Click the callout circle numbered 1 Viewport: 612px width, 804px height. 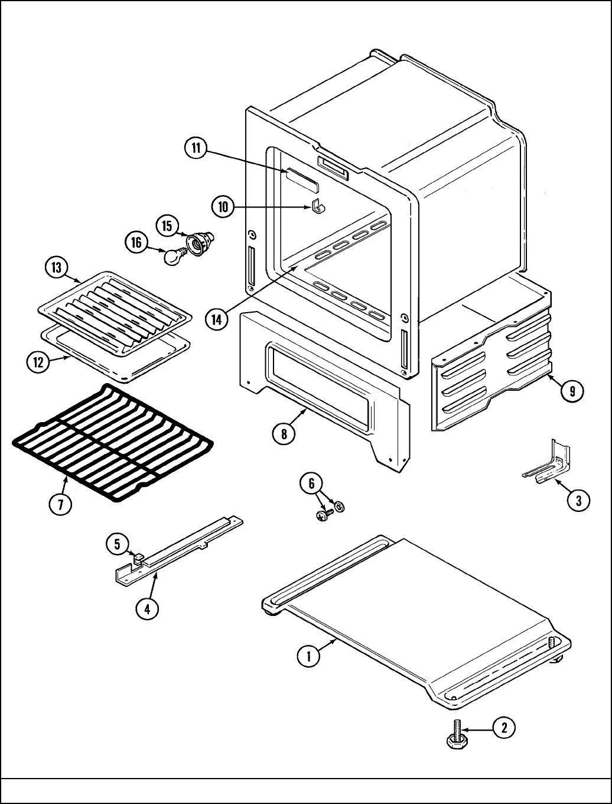[x=308, y=656]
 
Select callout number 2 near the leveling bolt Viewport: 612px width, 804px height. [x=503, y=728]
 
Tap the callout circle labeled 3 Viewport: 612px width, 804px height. [x=578, y=501]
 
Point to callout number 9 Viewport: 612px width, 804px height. [x=572, y=390]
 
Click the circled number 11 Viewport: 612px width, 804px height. [x=196, y=148]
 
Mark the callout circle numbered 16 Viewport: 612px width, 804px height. [x=136, y=243]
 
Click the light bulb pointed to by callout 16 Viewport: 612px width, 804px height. [x=172, y=257]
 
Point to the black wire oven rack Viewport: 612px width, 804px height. [x=112, y=443]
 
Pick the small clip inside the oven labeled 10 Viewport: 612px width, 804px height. [x=318, y=206]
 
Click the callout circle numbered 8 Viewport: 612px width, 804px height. [x=284, y=433]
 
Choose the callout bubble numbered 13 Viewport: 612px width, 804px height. [x=56, y=267]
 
